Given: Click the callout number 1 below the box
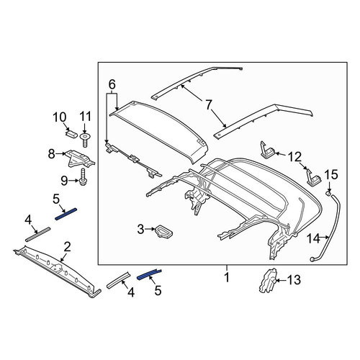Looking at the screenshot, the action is point(227,278).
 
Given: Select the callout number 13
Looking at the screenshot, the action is point(294,280).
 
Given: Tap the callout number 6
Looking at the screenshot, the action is point(112,85).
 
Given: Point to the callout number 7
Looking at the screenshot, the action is point(209,105).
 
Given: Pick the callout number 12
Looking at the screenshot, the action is point(295,158).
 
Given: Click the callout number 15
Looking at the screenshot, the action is point(331,175).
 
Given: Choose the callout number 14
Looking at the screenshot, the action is point(314,238).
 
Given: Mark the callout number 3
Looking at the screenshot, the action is point(140,230).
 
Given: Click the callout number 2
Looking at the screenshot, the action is point(67,247).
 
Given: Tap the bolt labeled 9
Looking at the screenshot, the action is point(83,177).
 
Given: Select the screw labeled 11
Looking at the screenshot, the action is point(85,140).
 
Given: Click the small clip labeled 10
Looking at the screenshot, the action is point(71,133).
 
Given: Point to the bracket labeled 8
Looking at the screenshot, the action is point(79,158).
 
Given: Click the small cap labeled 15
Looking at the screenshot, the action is point(328,193).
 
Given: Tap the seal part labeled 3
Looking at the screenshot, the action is point(164,231).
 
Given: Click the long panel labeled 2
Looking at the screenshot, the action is point(57,271).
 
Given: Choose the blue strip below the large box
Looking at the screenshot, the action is point(149,274).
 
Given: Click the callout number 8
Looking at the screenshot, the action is point(51,153).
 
